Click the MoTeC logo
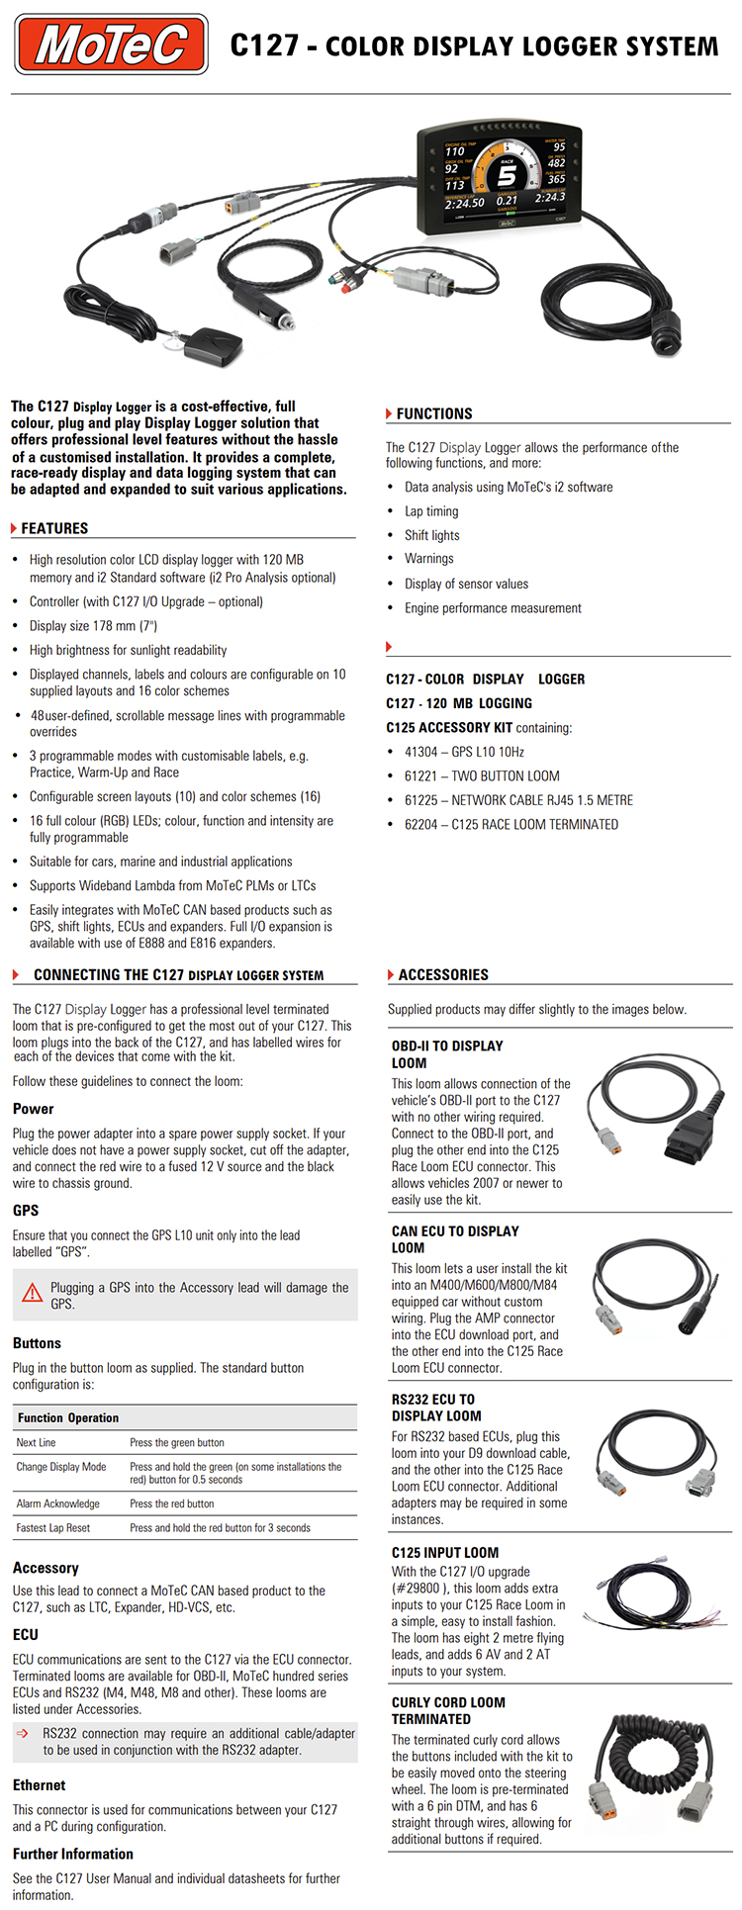coord(111,45)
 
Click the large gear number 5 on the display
coord(506,176)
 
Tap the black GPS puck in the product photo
coord(214,344)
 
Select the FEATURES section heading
coord(54,528)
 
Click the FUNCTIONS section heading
coord(434,413)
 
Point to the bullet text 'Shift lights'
coord(431,535)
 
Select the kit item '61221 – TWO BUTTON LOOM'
coord(482,776)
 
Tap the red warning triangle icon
coord(33,1292)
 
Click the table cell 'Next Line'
coord(37,1442)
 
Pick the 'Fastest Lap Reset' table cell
coord(52,1527)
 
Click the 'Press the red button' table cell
coord(171,1503)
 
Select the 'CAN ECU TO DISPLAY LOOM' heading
coord(455,1239)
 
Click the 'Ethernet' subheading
coord(40,1784)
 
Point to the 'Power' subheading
coord(34,1109)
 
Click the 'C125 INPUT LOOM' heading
coord(445,1552)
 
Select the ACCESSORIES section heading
coord(443,974)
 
